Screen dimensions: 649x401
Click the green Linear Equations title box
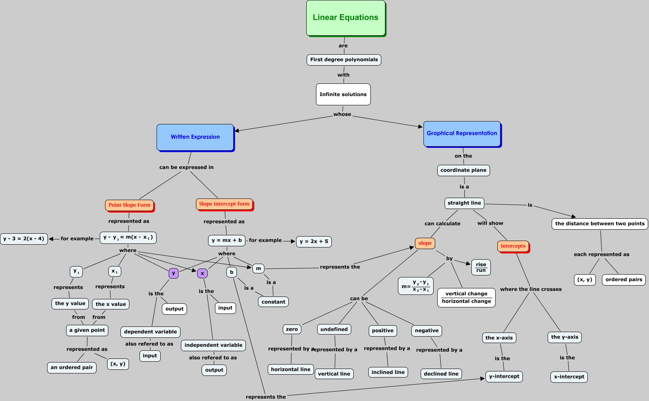[x=346, y=18]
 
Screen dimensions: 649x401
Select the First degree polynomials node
[x=344, y=60]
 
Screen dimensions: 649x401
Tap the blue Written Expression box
[x=195, y=137]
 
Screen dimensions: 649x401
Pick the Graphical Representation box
[x=462, y=134]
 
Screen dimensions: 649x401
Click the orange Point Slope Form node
[x=129, y=205]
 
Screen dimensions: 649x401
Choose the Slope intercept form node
[x=225, y=204]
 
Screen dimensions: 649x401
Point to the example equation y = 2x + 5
[x=314, y=241]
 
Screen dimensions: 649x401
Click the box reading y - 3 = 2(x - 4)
[x=24, y=239]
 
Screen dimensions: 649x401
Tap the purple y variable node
[x=174, y=273]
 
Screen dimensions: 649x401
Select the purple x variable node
[x=202, y=273]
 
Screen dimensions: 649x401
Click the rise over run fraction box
[x=481, y=267]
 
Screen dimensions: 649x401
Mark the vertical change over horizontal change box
[x=466, y=298]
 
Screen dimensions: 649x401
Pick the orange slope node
[x=425, y=243]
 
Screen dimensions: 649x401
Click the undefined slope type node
[x=334, y=330]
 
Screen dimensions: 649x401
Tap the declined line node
[x=441, y=374]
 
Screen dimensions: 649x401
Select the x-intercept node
[x=569, y=377]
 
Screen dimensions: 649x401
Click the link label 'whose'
[x=342, y=114]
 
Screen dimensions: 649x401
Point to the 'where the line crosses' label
[x=531, y=289]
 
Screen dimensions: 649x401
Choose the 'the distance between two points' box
[x=600, y=224]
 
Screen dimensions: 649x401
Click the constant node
[x=273, y=302]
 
